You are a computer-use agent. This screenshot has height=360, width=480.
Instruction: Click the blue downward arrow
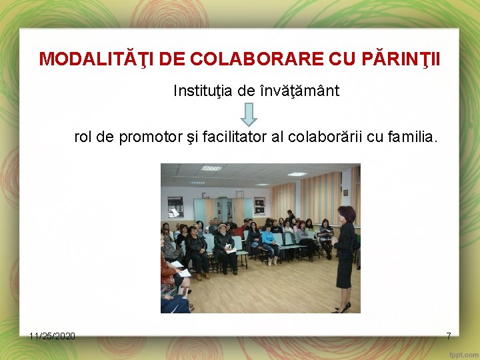(x=248, y=114)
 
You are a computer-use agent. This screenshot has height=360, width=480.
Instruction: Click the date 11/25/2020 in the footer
(x=52, y=335)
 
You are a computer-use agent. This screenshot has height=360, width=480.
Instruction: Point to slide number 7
(x=449, y=335)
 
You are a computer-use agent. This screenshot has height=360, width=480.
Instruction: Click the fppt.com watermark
(x=460, y=352)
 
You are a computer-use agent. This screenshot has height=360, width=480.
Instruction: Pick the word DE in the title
(x=172, y=59)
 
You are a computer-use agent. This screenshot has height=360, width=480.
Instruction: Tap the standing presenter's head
(x=347, y=215)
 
